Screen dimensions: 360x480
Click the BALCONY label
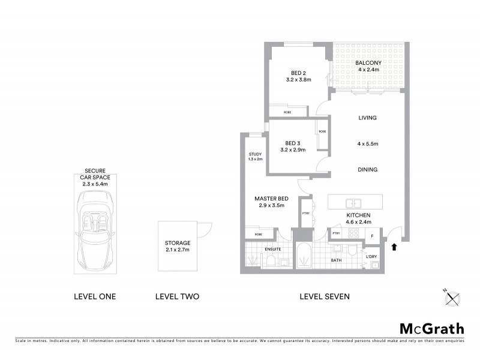[367, 63]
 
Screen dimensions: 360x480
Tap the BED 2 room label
[292, 73]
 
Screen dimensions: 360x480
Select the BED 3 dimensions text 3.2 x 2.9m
[292, 150]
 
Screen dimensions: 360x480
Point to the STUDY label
[255, 154]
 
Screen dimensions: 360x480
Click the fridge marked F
[373, 235]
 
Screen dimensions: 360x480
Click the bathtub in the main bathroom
[304, 256]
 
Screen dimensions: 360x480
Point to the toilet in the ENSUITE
[271, 260]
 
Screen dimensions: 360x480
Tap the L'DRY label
[373, 257]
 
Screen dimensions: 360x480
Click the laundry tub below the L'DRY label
[376, 266]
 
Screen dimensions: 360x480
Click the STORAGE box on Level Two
[178, 246]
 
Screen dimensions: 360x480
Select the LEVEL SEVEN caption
[325, 296]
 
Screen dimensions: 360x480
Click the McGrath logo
[432, 328]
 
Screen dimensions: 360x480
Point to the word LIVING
[367, 118]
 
